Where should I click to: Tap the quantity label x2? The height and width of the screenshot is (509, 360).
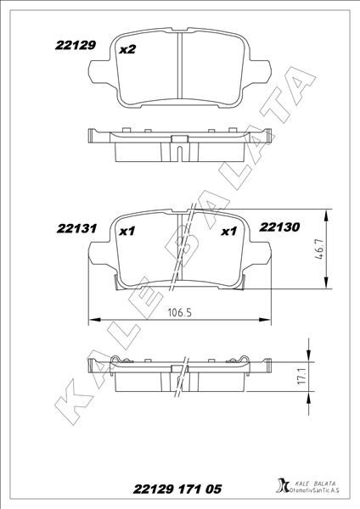[x=127, y=50]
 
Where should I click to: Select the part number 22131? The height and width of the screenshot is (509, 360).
[x=77, y=228]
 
